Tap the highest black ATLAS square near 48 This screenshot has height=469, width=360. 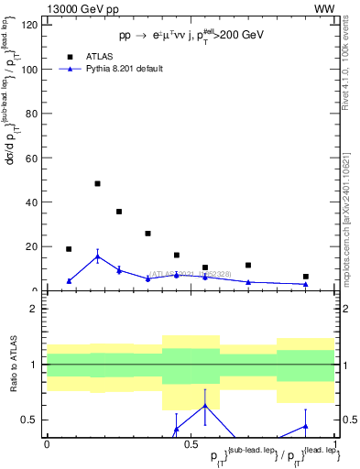(x=97, y=183)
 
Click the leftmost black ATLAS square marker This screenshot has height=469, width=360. (x=69, y=249)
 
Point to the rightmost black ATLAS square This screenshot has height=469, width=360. (x=306, y=277)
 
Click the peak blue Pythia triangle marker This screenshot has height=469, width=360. (x=97, y=256)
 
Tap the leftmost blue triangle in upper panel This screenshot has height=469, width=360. (x=69, y=281)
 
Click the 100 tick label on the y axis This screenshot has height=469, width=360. (x=30, y=70)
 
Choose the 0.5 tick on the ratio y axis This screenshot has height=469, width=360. (x=31, y=420)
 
